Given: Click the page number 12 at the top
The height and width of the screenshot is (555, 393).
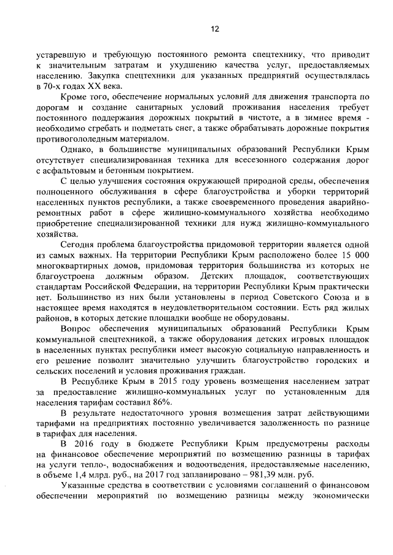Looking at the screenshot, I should tap(215, 28).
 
